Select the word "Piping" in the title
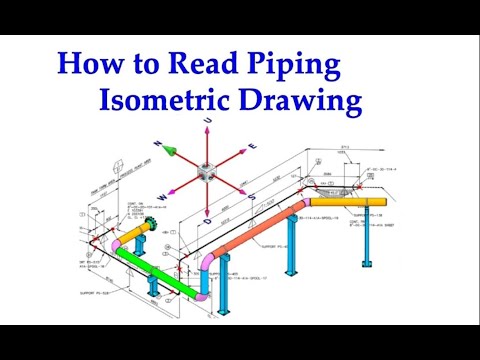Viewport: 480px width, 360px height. point(300,66)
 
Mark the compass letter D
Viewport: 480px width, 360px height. point(207,214)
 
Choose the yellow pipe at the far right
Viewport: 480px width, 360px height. point(345,202)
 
